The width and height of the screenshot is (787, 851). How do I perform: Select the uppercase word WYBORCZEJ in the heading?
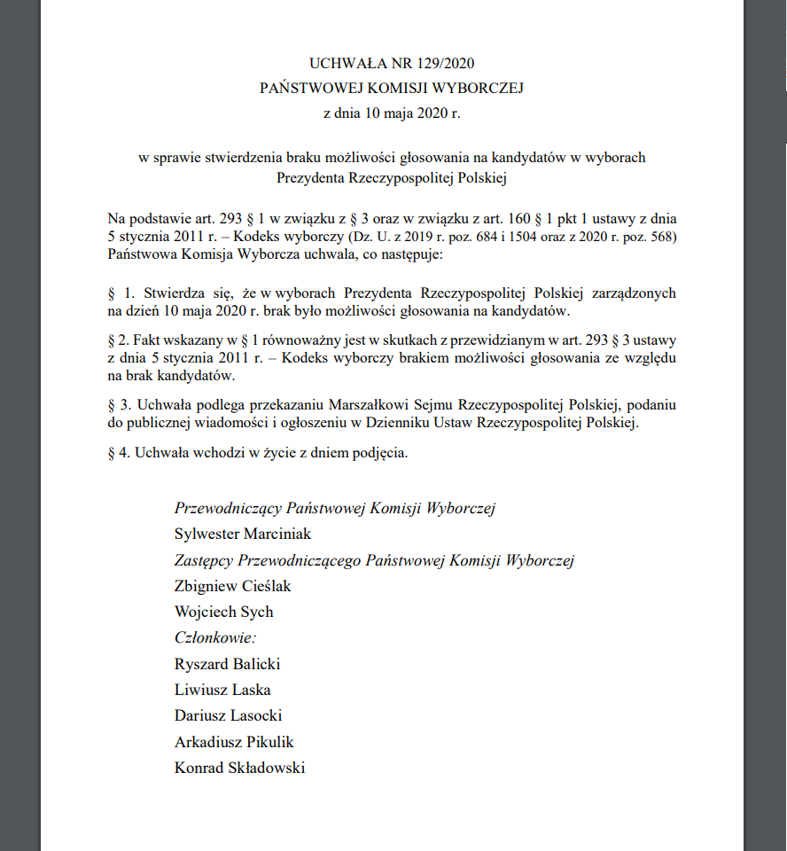coord(479,88)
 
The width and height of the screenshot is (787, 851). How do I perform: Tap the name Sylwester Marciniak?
coord(243,535)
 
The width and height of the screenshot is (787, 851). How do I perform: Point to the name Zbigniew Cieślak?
coord(233,586)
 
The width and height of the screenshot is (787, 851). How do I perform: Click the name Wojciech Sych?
coord(224,612)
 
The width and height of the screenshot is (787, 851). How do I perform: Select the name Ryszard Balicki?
coord(228,664)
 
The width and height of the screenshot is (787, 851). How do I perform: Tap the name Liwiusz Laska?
coord(222,690)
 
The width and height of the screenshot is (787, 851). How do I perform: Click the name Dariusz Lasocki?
coord(229,715)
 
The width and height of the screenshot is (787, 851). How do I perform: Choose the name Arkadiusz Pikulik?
coord(234,742)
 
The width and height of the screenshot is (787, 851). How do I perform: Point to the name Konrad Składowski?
coord(239,768)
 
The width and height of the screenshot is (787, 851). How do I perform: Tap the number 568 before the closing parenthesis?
coord(660,237)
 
